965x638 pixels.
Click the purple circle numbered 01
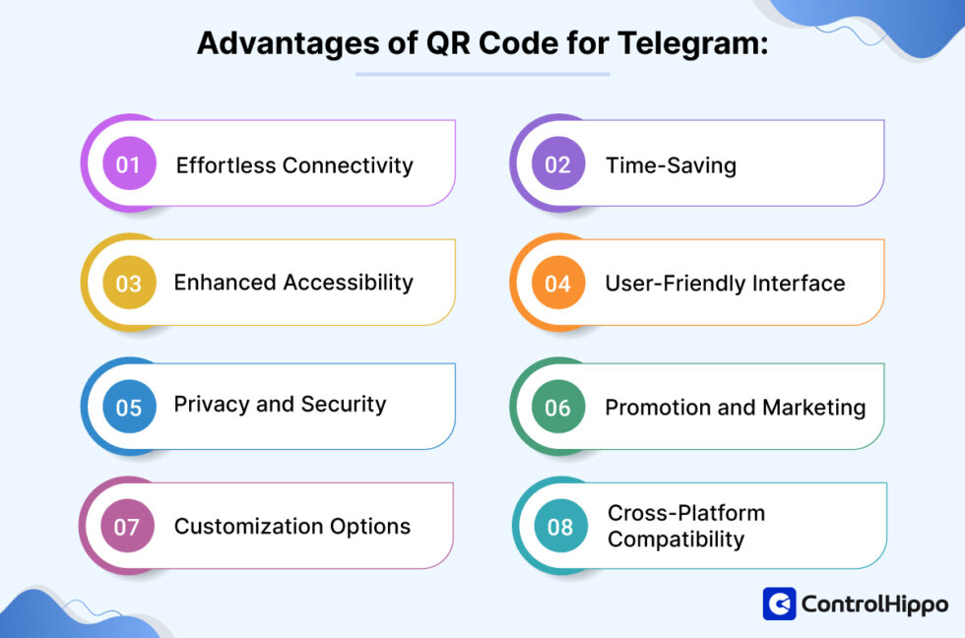click(x=129, y=164)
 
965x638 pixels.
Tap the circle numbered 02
click(x=557, y=164)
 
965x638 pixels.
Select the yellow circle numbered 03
click(x=129, y=284)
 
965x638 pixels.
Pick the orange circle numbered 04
click(x=557, y=284)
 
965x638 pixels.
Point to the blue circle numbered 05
click(x=129, y=407)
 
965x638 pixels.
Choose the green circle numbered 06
click(x=557, y=407)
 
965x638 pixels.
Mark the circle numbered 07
click(x=127, y=527)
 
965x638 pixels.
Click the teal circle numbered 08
click(x=559, y=527)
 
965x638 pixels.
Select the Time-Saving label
click(x=671, y=164)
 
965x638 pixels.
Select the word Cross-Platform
click(x=685, y=513)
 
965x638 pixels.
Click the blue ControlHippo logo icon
click(x=779, y=604)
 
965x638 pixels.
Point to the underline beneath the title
click(x=482, y=74)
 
